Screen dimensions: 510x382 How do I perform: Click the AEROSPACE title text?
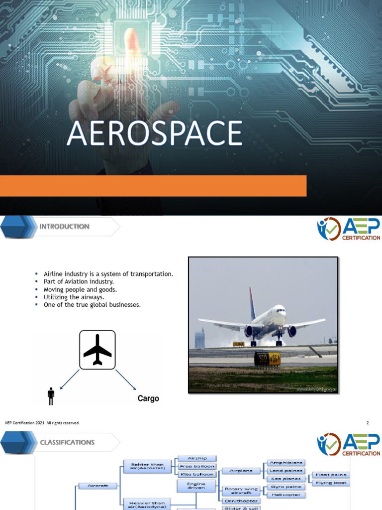point(154,134)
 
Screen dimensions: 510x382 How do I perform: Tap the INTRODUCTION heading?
point(64,227)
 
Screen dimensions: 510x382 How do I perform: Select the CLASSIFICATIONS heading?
point(67,442)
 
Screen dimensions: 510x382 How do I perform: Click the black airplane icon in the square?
point(97,350)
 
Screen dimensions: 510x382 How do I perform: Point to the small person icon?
point(50,396)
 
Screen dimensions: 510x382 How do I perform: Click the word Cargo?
point(148,398)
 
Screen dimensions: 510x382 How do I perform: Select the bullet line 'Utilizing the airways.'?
point(74,297)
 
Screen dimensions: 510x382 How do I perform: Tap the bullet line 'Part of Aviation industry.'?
point(79,281)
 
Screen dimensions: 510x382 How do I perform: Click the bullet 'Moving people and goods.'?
point(80,289)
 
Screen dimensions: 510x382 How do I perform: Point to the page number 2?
point(368,423)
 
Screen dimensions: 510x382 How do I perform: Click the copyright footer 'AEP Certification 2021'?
point(42,423)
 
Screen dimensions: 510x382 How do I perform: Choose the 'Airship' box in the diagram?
point(196,458)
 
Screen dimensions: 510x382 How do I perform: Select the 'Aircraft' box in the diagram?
point(97,486)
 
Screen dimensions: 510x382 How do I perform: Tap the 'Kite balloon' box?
point(196,474)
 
